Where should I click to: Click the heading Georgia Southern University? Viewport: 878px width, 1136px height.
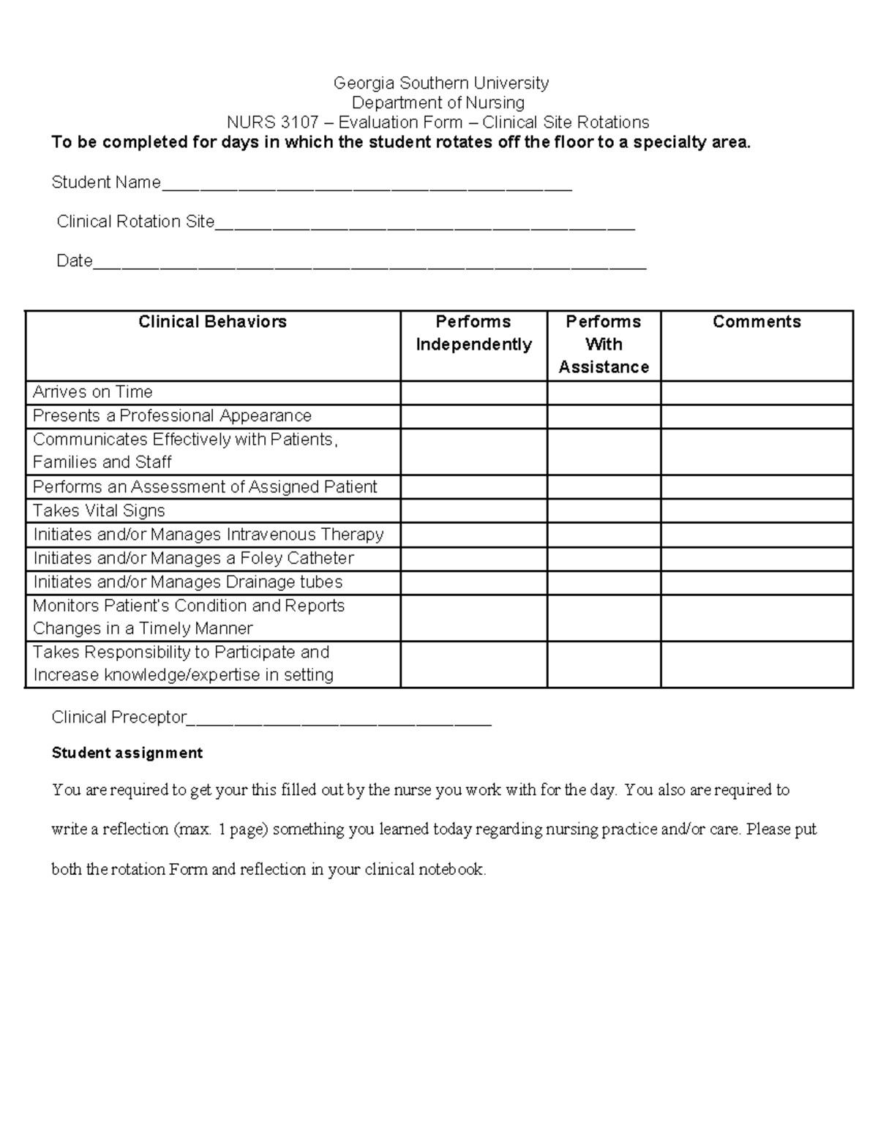(440, 83)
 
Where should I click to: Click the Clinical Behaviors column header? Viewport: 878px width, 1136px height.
(212, 322)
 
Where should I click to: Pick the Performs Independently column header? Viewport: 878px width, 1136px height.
(473, 333)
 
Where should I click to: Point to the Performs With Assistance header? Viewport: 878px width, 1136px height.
(604, 344)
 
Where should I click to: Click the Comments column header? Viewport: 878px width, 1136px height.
(757, 322)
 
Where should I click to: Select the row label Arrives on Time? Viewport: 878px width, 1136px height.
(93, 392)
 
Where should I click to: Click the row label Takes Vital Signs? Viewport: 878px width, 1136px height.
(99, 511)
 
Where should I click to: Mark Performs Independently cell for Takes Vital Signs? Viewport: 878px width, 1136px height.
(473, 511)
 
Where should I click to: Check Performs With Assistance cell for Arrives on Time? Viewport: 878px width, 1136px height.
(604, 393)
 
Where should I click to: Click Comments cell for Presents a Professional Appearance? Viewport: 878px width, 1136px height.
(757, 416)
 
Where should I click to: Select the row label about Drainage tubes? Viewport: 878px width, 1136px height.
(187, 582)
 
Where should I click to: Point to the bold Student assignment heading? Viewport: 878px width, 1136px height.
(127, 753)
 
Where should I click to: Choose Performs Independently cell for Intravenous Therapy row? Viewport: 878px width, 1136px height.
(473, 535)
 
